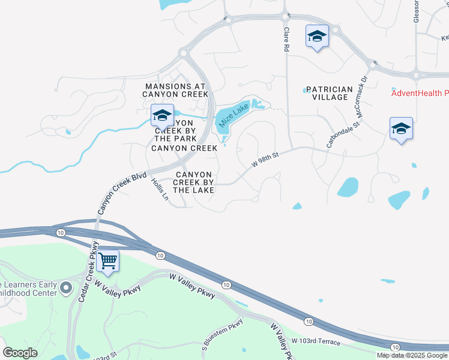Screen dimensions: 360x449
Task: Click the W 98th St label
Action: [x=266, y=160]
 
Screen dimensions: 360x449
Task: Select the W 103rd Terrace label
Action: [x=316, y=342]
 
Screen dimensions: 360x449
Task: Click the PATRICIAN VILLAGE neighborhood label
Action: [x=329, y=93]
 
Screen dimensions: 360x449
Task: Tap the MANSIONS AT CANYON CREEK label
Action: [x=176, y=90]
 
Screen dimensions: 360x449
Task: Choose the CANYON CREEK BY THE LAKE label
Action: [x=194, y=182]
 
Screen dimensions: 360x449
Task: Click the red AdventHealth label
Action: [x=420, y=93]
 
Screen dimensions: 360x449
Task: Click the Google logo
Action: [x=20, y=353]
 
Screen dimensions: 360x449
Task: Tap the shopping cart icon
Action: [x=108, y=261]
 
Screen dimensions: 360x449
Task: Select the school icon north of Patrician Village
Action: [x=316, y=37]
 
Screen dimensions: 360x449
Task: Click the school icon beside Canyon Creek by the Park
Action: [x=161, y=115]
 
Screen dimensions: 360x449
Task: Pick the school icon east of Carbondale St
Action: [x=401, y=128]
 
